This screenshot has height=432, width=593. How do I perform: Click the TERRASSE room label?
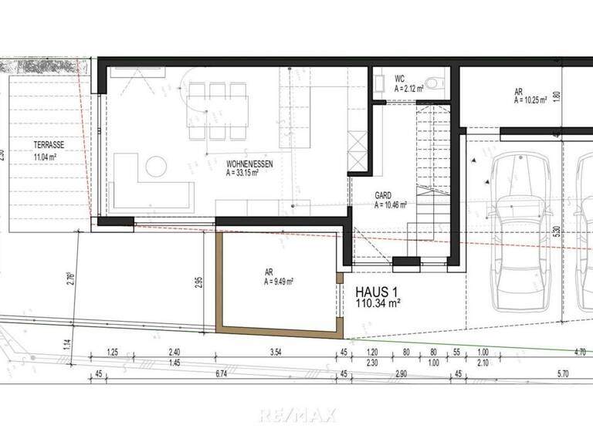[x=48, y=145]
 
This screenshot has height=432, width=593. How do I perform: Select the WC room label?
[x=400, y=79]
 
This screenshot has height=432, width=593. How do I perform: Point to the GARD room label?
[x=384, y=197]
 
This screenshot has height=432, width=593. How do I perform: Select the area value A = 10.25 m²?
[x=530, y=100]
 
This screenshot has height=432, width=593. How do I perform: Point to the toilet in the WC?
[x=437, y=80]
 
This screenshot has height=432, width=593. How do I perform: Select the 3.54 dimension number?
[x=275, y=353]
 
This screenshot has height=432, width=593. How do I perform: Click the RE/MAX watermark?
[x=297, y=415]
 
